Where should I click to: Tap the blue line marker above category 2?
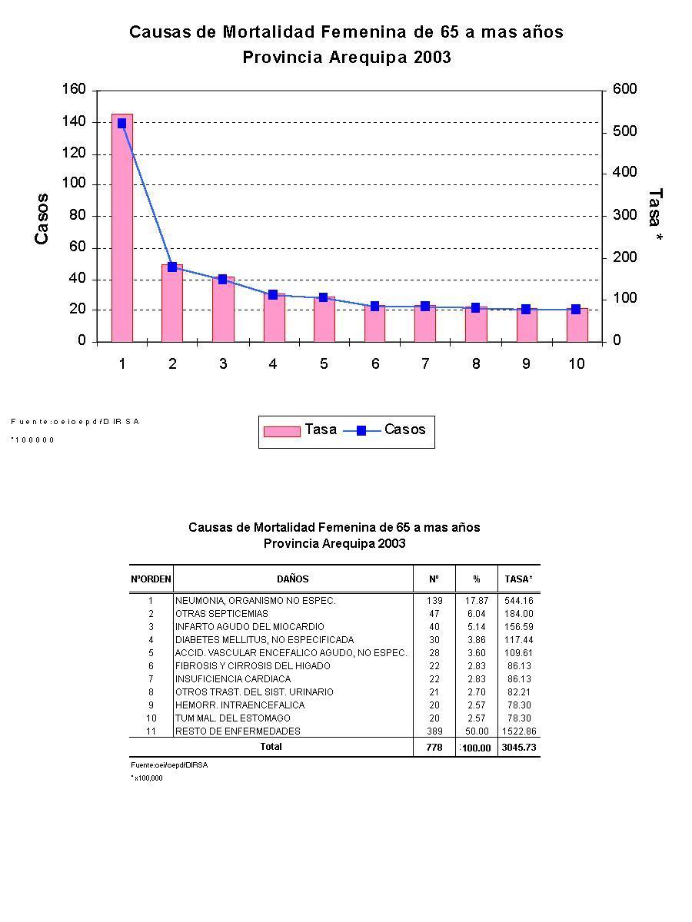(172, 267)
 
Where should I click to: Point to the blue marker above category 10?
(576, 309)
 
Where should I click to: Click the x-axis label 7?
(425, 364)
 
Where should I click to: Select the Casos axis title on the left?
(42, 218)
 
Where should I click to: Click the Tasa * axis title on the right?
(655, 217)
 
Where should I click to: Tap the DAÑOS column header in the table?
(293, 579)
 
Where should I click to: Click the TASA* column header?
(518, 579)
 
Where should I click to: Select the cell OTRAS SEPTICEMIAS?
(221, 614)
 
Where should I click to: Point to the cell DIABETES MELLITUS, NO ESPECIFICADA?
(264, 640)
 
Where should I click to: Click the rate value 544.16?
(518, 601)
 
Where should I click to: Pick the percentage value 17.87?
(477, 601)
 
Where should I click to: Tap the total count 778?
(434, 747)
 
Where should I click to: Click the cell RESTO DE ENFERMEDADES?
(238, 731)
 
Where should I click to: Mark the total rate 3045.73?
(518, 748)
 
